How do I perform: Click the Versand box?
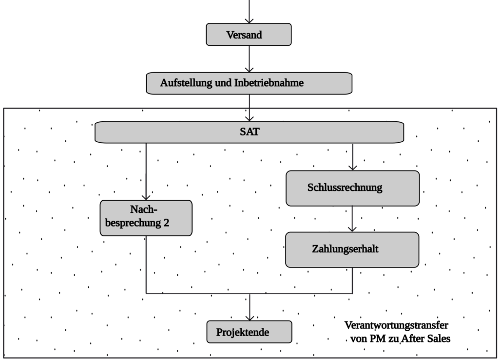point(249,35)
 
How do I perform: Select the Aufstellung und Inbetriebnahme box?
point(249,83)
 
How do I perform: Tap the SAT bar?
point(249,133)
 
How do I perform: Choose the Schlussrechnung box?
point(352,188)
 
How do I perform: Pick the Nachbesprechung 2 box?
point(146,218)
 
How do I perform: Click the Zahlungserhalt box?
point(352,249)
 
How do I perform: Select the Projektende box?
point(249,332)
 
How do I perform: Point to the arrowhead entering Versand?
point(249,20)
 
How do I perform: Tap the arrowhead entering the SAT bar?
point(249,117)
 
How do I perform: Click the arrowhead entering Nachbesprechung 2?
point(146,196)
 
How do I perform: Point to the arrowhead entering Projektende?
point(249,317)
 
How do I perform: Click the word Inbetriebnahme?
point(269,83)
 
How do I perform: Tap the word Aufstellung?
point(186,83)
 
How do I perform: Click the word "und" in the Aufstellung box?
point(223,83)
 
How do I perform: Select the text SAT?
point(249,133)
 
